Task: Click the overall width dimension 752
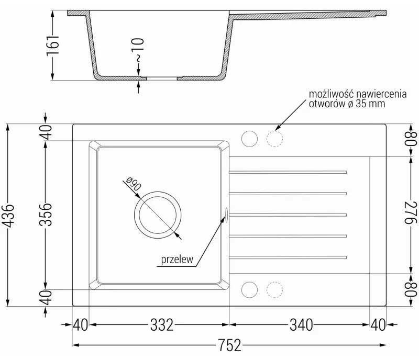point(229,345)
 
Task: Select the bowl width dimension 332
point(162,325)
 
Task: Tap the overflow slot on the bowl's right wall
point(227,215)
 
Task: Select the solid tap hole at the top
point(249,139)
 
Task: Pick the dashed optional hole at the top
point(274,139)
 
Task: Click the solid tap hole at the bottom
point(249,289)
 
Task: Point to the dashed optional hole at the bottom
point(274,289)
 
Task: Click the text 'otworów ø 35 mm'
point(347,104)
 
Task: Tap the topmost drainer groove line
point(288,172)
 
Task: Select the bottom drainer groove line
point(288,256)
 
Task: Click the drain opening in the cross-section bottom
point(162,78)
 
